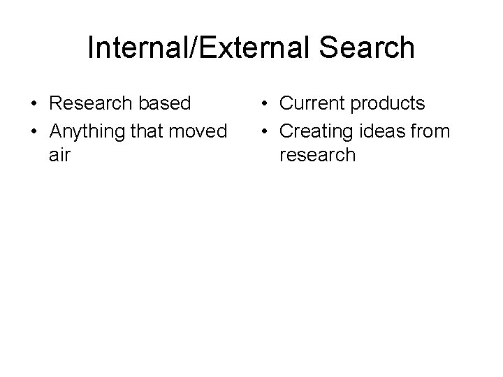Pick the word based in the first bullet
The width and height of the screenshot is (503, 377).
[166, 103]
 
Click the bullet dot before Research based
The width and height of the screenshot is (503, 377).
[34, 104]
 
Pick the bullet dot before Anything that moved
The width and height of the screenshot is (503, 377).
[34, 130]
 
